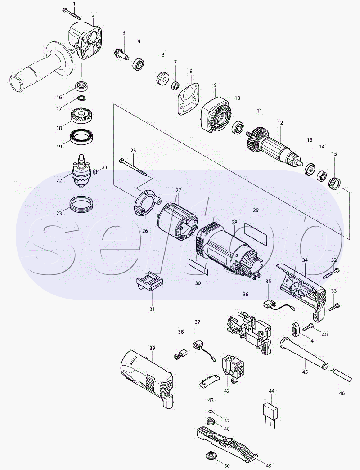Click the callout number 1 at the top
(x=74, y=4)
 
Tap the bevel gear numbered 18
(x=82, y=118)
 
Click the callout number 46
(x=342, y=393)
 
